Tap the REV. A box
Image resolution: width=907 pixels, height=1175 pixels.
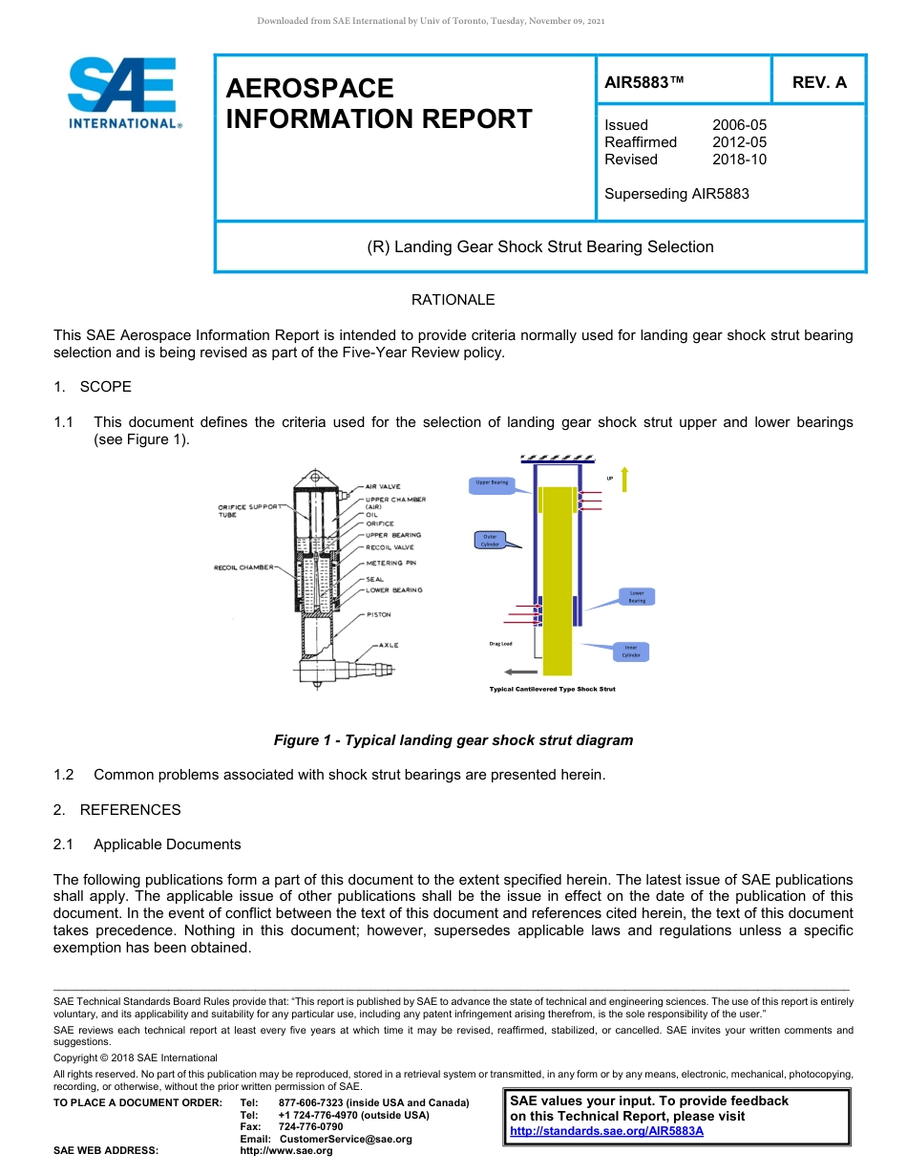[818, 82]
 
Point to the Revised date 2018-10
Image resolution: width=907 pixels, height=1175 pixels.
[739, 160]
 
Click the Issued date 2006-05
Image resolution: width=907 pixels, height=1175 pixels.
[739, 125]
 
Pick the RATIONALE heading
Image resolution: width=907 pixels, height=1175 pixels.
[453, 300]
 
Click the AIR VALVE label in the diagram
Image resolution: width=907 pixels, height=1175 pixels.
[383, 487]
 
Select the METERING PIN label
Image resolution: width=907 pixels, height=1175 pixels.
[390, 564]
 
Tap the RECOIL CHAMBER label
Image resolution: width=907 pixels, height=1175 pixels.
[243, 567]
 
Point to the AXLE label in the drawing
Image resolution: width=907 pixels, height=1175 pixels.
[389, 646]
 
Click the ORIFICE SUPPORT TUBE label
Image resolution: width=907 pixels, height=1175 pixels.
[249, 510]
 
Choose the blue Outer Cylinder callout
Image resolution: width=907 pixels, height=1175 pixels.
[490, 540]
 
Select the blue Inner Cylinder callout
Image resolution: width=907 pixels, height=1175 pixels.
[631, 652]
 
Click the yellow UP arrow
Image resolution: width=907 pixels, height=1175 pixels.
[624, 479]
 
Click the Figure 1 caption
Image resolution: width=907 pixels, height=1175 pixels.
[453, 740]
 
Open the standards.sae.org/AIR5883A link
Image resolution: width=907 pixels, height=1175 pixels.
[606, 1131]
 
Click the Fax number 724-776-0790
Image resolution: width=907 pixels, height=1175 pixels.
[310, 1127]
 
